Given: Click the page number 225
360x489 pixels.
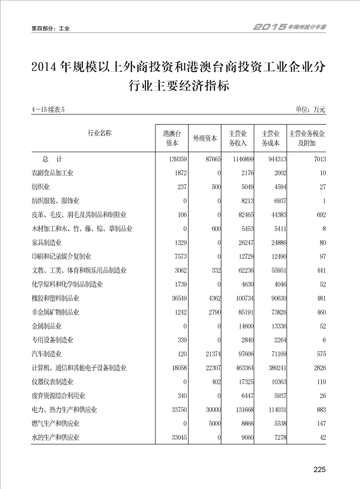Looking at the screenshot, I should click(320, 469).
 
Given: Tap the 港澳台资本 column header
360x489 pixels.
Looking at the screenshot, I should click(172, 138).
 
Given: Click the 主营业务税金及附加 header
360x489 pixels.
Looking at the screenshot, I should click(307, 138).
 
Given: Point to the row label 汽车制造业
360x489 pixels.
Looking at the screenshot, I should click(46, 354).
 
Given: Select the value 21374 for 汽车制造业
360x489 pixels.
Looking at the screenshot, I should click(210, 354).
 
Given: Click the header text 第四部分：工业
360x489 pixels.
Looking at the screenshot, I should click(50, 29).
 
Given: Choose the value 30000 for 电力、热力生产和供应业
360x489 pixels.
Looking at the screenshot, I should click(210, 410).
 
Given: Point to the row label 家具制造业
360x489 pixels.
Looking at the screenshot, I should click(46, 242).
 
